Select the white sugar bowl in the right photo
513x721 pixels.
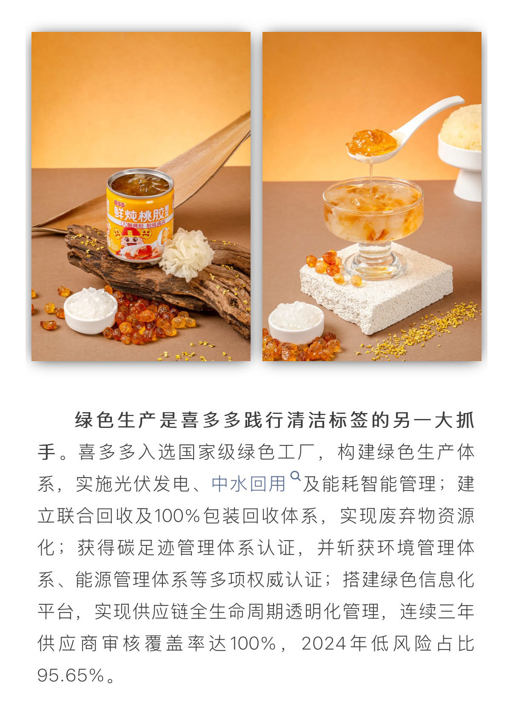pyautogui.click(x=296, y=322)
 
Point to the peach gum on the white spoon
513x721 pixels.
pyautogui.click(x=371, y=142)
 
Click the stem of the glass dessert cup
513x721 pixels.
pyautogui.click(x=375, y=254)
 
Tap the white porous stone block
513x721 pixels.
pyautogui.click(x=376, y=290)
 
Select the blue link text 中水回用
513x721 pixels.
pyautogui.click(x=248, y=484)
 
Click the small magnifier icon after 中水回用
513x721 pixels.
pyautogui.click(x=295, y=476)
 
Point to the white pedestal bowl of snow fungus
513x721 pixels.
pyautogui.click(x=461, y=152)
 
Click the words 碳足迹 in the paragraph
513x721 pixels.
pyautogui.click(x=146, y=547)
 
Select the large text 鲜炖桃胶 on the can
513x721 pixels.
pyautogui.click(x=139, y=212)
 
